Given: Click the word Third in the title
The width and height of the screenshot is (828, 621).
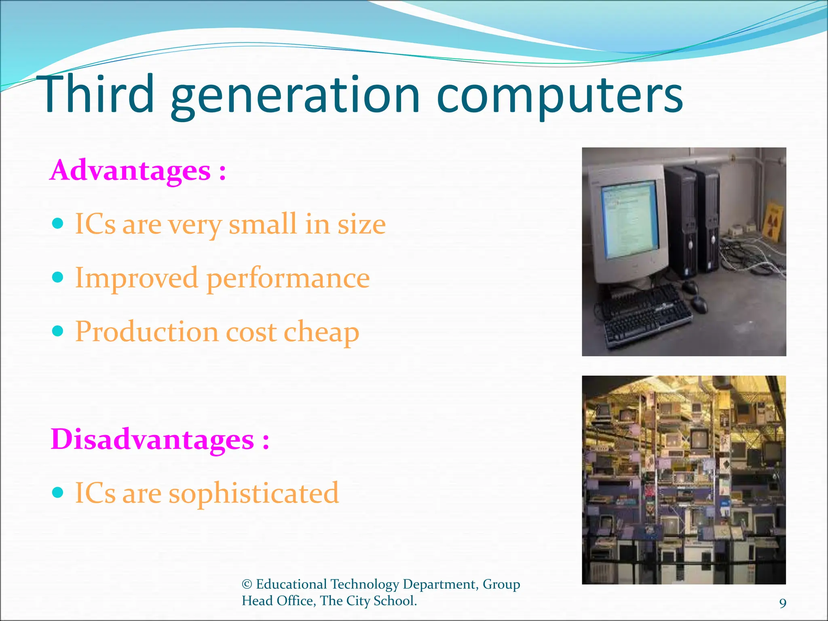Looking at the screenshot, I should (x=98, y=95).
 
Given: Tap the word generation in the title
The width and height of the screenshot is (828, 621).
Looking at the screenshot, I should (x=295, y=97).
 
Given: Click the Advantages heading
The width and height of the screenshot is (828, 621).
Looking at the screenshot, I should (x=137, y=170).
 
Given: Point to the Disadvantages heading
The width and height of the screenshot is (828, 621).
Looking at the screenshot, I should (x=160, y=439).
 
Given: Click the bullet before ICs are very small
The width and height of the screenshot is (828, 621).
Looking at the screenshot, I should (x=58, y=223).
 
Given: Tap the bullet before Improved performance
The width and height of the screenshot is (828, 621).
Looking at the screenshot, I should (x=58, y=277).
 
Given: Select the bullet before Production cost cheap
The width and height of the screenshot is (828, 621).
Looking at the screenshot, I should (x=58, y=331).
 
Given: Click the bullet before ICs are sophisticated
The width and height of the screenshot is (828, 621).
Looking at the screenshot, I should (x=58, y=492).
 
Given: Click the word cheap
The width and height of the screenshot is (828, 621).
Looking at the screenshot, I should (x=321, y=332).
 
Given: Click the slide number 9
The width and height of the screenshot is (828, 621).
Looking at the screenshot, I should (x=783, y=603).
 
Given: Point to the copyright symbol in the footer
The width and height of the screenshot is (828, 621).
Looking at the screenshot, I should (x=247, y=584).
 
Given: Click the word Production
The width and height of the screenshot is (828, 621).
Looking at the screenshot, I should (x=147, y=332).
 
